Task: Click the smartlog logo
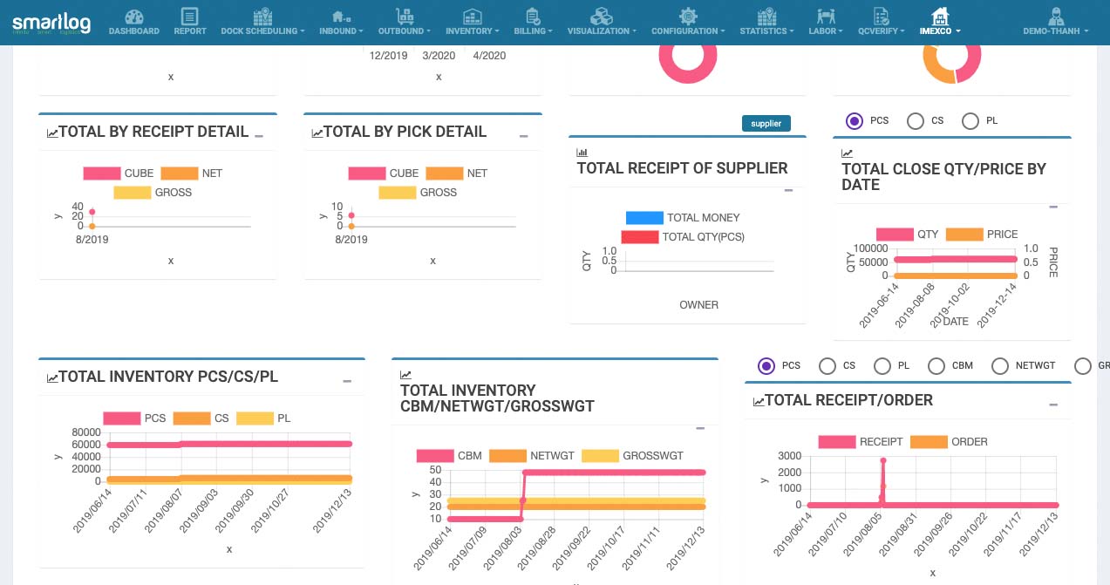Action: click(51, 22)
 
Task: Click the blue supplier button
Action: click(766, 124)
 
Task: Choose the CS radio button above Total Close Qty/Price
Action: click(916, 121)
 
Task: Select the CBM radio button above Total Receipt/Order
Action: click(936, 366)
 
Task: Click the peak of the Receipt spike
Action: click(882, 459)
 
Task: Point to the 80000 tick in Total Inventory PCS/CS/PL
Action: click(86, 432)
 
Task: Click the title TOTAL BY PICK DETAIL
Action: click(405, 132)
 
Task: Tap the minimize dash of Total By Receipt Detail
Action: click(258, 136)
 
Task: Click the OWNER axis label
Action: click(698, 305)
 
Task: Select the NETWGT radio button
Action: click(1000, 366)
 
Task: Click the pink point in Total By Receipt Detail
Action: click(92, 212)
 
